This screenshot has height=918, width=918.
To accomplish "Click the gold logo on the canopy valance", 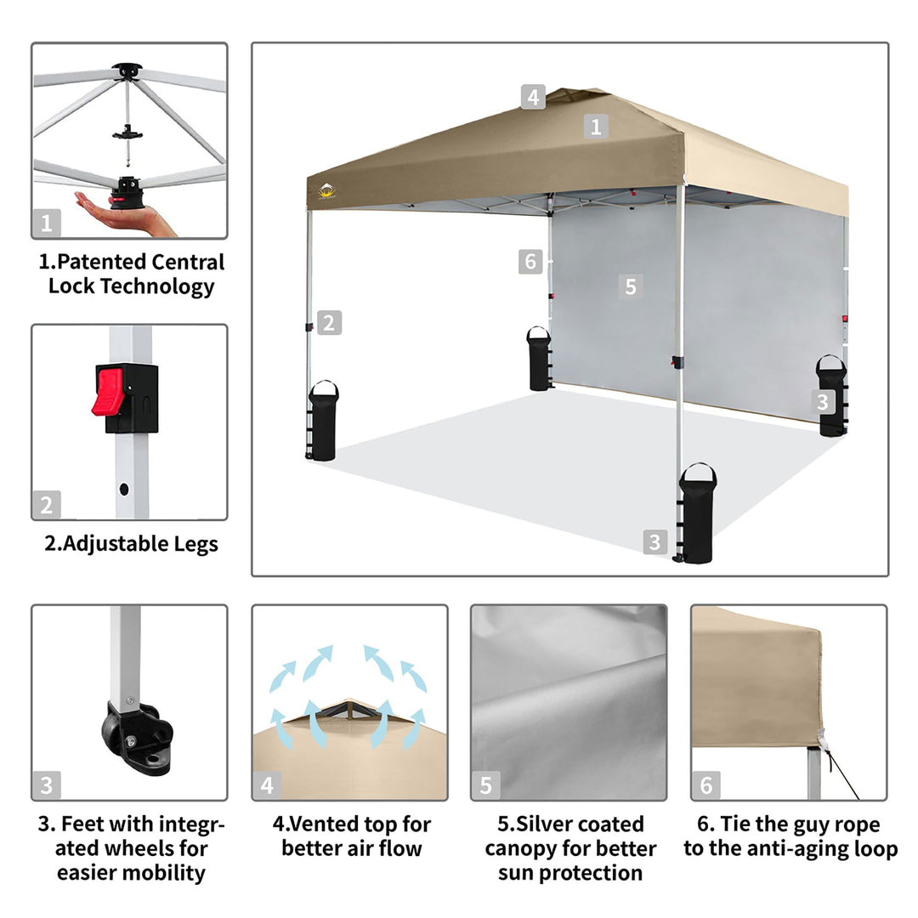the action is [x=326, y=191].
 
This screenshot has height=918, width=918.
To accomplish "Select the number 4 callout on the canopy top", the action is [x=533, y=97].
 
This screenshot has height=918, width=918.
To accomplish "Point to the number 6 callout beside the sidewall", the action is [x=530, y=262].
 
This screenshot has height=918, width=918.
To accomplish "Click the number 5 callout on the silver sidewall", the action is [x=631, y=287].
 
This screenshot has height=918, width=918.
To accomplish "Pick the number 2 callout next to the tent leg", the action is [x=329, y=323].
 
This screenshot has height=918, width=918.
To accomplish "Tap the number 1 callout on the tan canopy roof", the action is [x=596, y=127].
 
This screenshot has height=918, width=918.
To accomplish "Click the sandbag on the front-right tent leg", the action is [x=697, y=513].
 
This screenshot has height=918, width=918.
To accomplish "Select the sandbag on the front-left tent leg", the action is [x=323, y=421].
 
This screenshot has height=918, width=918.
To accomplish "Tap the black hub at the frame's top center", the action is [x=127, y=71].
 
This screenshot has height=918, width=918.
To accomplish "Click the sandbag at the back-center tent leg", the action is [x=539, y=359].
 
